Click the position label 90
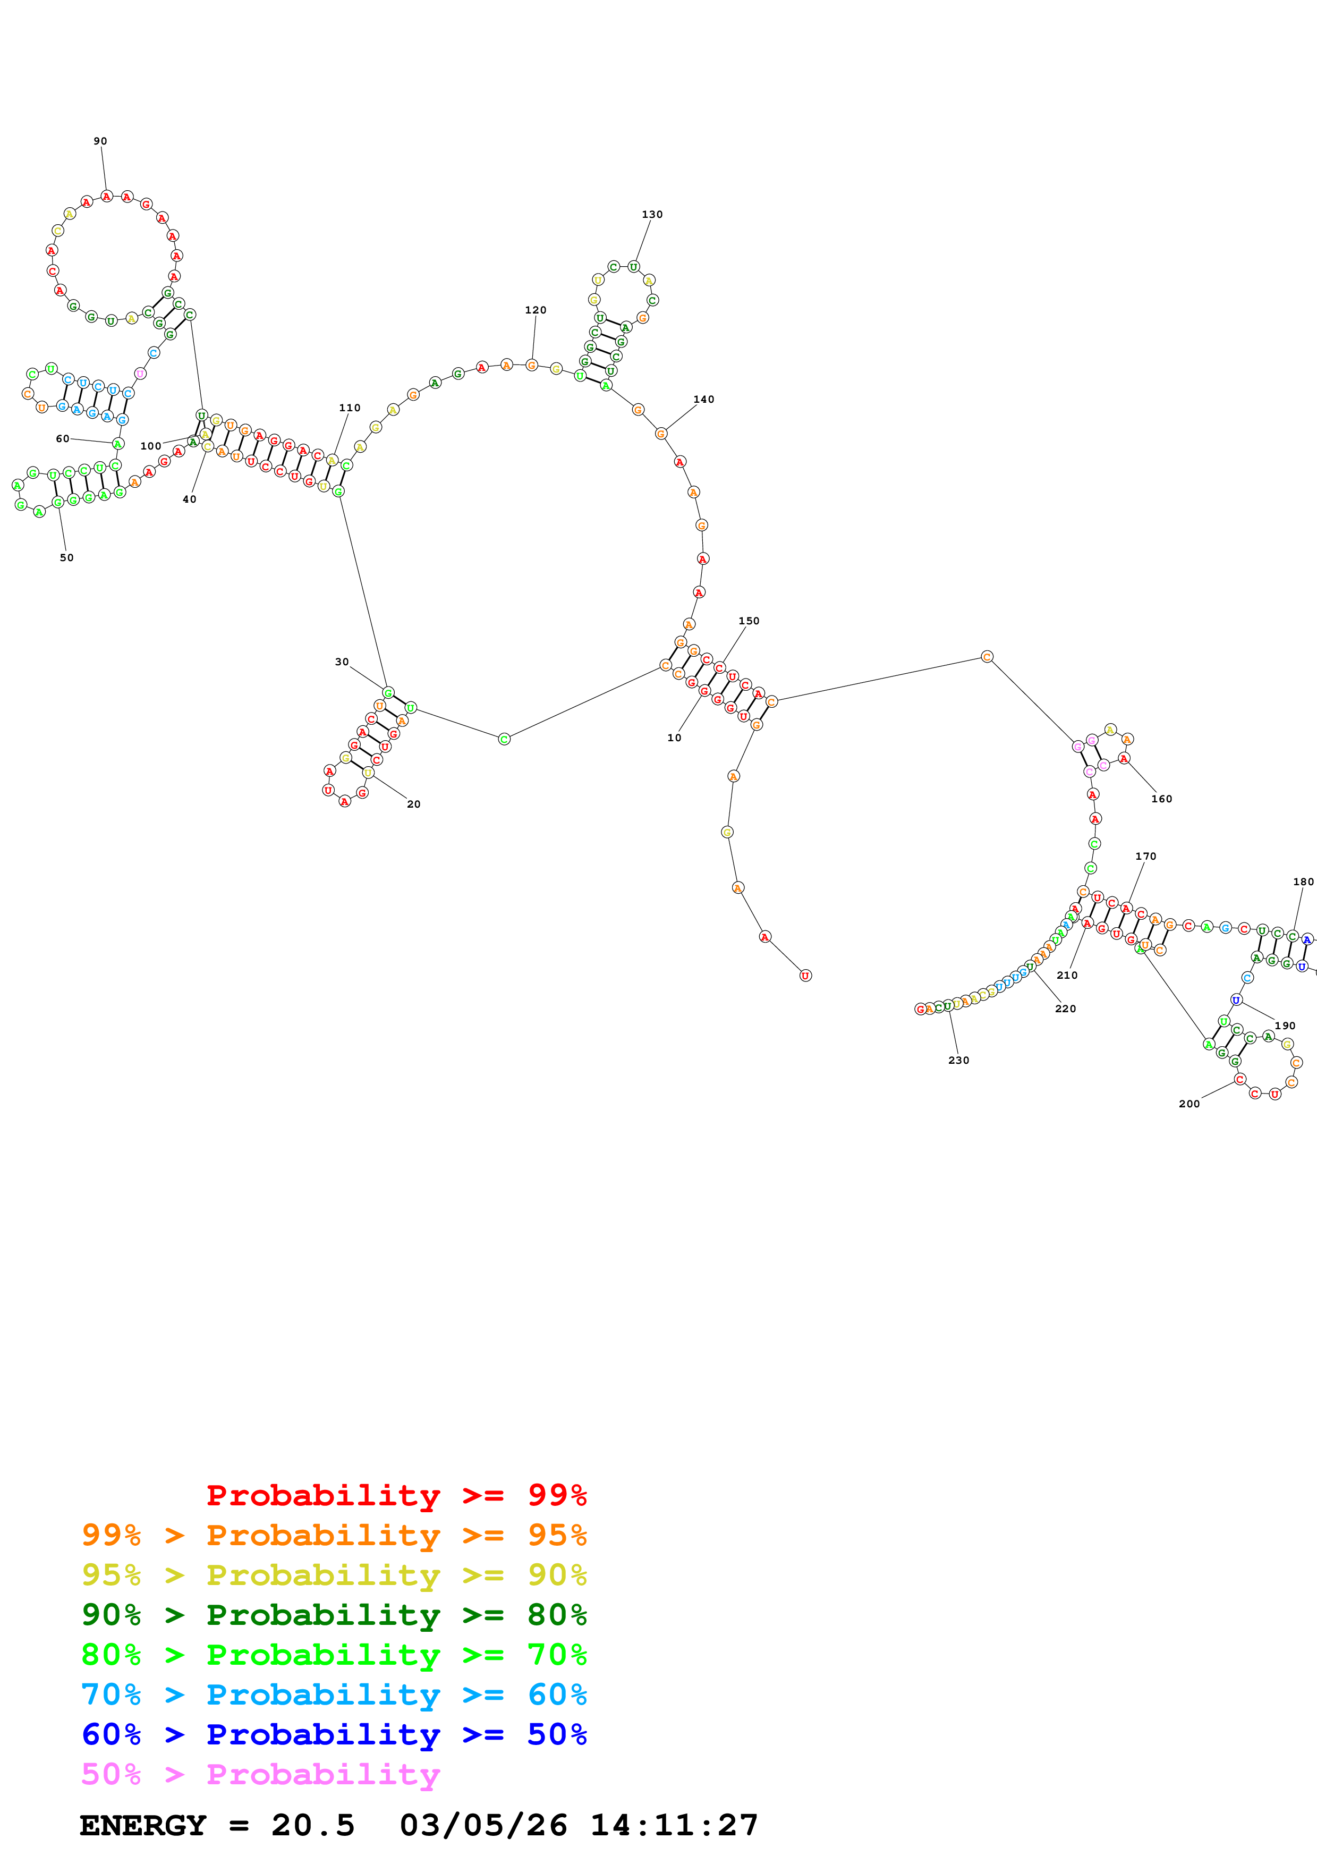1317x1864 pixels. [x=100, y=141]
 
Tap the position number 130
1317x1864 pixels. [x=652, y=214]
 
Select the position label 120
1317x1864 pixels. [x=536, y=310]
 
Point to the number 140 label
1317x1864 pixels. [x=703, y=400]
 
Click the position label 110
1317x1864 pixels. [x=350, y=408]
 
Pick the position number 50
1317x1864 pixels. [x=66, y=558]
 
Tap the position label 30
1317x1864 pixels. [x=342, y=662]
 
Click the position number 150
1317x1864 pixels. [x=749, y=621]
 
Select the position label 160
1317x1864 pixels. [x=1161, y=799]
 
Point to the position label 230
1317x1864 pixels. [x=958, y=1060]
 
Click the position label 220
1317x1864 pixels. [x=1066, y=1009]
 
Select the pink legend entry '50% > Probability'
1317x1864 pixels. [x=260, y=1775]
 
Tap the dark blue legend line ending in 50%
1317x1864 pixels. [x=334, y=1735]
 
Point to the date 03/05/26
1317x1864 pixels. [x=483, y=1826]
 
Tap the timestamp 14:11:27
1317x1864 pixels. [x=674, y=1826]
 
